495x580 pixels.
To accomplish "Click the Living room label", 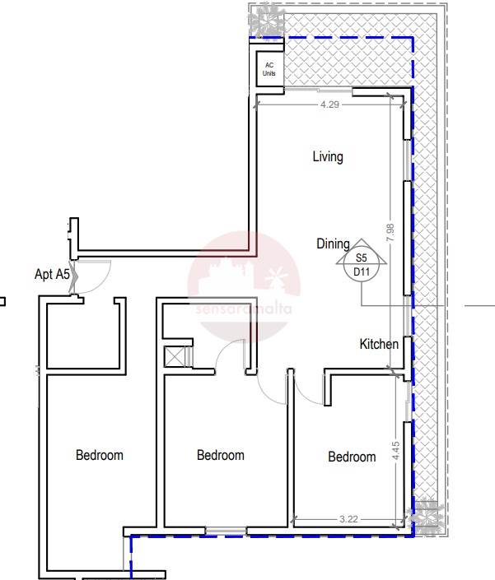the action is tap(328, 157).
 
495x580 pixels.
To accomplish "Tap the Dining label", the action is tap(333, 244).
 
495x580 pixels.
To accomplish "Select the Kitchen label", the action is tap(379, 344).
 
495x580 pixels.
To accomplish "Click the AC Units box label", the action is tap(269, 69).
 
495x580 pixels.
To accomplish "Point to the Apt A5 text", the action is tap(52, 274).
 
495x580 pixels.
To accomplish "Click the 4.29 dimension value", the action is tap(329, 104).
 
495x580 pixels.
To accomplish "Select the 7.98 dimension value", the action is tap(390, 233).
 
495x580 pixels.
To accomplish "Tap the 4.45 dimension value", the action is tap(395, 451).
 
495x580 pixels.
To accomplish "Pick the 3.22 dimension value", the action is tap(348, 519).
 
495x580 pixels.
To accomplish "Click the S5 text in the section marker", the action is tap(361, 258).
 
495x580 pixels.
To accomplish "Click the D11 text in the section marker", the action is tap(362, 272).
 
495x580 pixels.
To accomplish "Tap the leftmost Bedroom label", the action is tap(99, 455).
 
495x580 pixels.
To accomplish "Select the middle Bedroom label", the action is tap(220, 455).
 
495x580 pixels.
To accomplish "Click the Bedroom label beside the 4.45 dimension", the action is tap(352, 457).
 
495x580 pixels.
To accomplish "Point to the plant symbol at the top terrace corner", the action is tap(267, 19).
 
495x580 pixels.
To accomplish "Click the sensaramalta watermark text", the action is tap(244, 309).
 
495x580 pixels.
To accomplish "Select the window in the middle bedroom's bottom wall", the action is tap(226, 531).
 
